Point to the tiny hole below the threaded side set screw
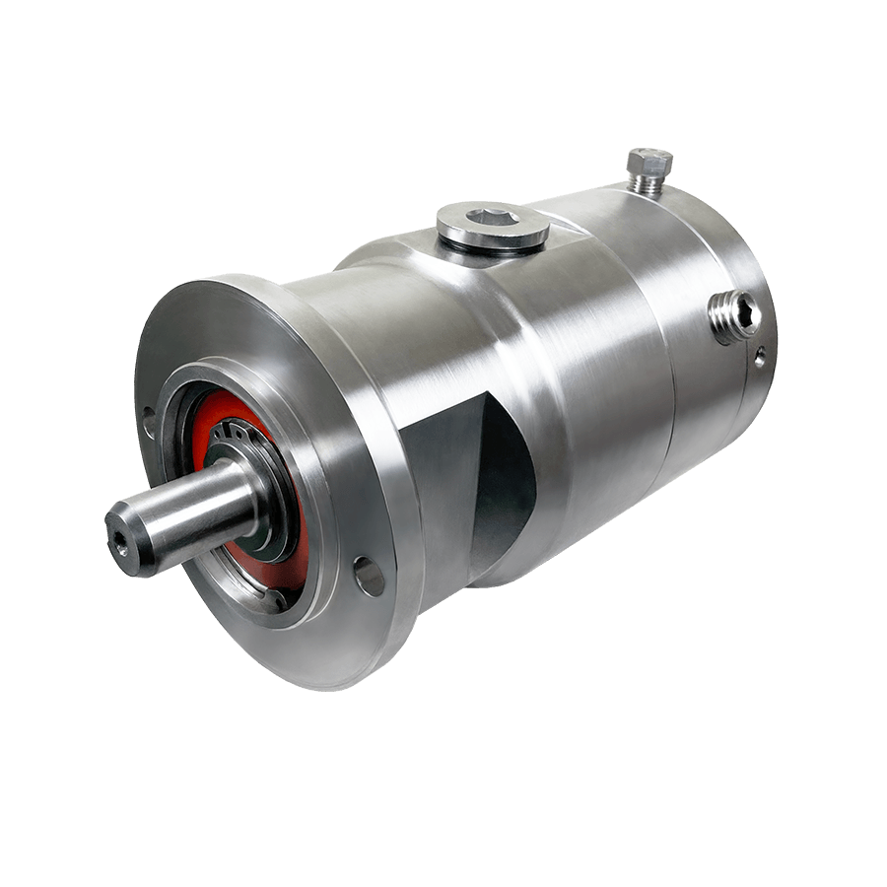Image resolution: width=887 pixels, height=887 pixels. (x=759, y=358)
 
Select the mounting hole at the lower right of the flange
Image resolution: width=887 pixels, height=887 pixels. (x=370, y=577)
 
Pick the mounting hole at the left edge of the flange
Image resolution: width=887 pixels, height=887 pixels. (x=149, y=425)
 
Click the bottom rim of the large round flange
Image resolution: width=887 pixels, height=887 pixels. (x=325, y=680)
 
